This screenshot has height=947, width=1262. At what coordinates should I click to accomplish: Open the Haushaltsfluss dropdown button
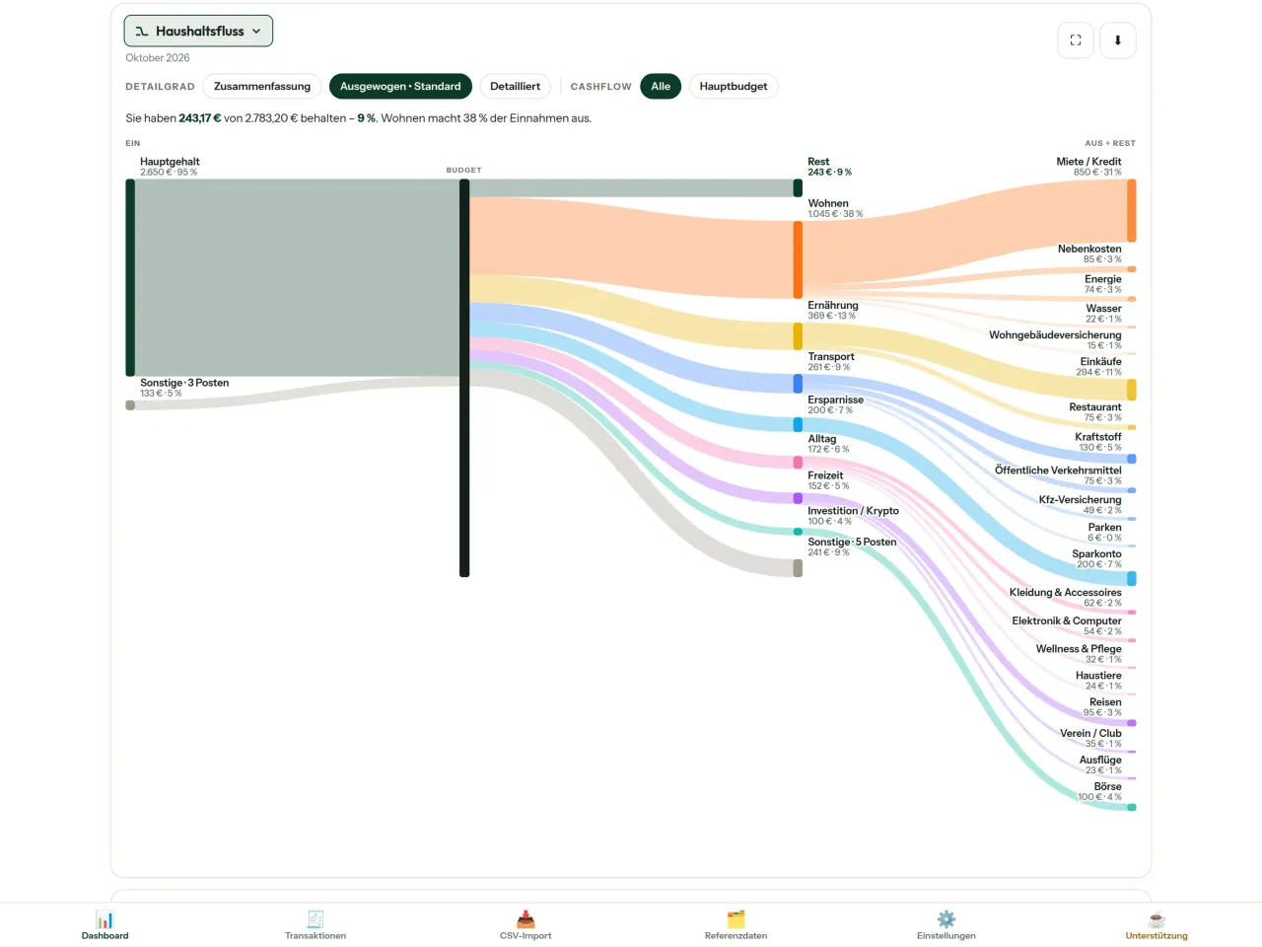coord(198,31)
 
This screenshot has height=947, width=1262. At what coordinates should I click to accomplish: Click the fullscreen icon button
coord(1075,40)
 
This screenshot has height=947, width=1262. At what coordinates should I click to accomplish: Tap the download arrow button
coord(1118,40)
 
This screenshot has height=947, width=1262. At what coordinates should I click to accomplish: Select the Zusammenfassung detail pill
coord(262,86)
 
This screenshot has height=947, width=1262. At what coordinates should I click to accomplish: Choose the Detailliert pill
coord(515,86)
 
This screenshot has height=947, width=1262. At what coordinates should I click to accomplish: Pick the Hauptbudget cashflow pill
coord(734,86)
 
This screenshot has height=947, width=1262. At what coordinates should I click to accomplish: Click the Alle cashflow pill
coord(661,86)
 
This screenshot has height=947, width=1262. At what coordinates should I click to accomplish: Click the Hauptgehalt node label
coord(170,162)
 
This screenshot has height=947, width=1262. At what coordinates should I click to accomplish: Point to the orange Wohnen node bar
coord(798,259)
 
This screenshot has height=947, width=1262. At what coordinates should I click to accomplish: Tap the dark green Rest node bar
coord(798,188)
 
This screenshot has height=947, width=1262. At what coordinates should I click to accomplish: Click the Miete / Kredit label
coord(1088,162)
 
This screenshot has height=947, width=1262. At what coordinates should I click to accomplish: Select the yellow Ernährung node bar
coord(798,336)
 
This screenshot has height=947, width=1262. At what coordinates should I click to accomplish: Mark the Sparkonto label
coord(1096,553)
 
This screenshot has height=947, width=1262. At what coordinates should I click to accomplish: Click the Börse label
coord(1107,786)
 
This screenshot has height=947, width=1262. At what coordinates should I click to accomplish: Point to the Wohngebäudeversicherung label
coord(1055,334)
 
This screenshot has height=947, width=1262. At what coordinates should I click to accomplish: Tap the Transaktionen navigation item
coord(315,924)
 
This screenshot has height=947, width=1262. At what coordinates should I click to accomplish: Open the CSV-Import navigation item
coord(526,924)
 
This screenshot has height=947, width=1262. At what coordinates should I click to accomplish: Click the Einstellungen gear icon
coord(946,918)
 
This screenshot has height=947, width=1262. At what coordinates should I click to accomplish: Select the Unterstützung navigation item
coord(1157,924)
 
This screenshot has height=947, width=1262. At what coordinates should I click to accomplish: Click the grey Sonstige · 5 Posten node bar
coord(798,568)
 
